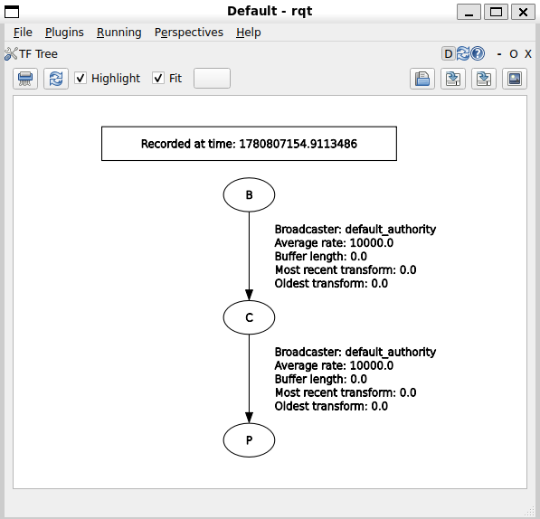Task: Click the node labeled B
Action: [249, 194]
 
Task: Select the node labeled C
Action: [249, 317]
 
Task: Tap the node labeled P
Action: [249, 440]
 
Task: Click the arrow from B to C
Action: [249, 256]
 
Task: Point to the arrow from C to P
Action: [249, 379]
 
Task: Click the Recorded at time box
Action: [249, 144]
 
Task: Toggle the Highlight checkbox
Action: [81, 78]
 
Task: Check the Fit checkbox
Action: [158, 78]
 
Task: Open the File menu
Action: [23, 33]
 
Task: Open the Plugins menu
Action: [64, 33]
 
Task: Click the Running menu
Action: [118, 33]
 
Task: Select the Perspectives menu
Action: [189, 33]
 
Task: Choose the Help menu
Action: [249, 33]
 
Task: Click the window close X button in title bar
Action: [523, 12]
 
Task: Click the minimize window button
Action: [469, 12]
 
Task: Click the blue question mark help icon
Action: [478, 53]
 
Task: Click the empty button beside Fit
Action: [212, 78]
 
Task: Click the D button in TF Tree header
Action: [449, 53]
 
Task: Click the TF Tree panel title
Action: [38, 54]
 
